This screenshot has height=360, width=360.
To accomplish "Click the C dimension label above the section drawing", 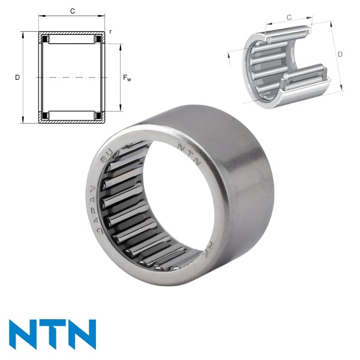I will tap(73, 11).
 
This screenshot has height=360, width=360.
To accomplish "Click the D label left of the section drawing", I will tap(17, 77).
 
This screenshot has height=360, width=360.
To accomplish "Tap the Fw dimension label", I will tap(127, 77).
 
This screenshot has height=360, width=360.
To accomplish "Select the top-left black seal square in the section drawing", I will tap(44, 40).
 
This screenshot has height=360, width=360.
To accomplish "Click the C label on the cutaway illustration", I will tap(289, 17).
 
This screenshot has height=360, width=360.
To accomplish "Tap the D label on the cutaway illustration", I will tap(340, 55).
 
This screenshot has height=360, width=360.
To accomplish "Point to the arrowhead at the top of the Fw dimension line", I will tap(120, 46).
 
